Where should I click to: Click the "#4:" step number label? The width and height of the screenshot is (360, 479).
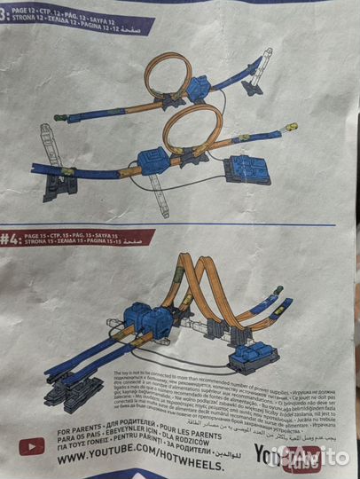pyautogui.click(x=12, y=238)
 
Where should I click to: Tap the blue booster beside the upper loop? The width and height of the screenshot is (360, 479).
pyautogui.click(x=198, y=88)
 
